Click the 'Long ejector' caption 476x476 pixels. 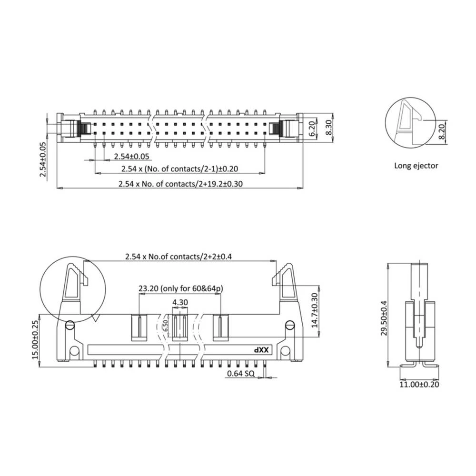coord(416,166)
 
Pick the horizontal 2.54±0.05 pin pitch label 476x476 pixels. coord(131,156)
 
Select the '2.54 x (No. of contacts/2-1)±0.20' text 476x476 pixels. coord(179,169)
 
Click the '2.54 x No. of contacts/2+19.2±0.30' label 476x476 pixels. coord(180,184)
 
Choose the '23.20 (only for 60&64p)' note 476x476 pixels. coord(181,288)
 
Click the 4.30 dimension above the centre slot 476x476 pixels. coord(180,302)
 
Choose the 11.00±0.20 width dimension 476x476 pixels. coord(419,384)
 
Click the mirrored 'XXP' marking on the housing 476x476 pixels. coord(261,350)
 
